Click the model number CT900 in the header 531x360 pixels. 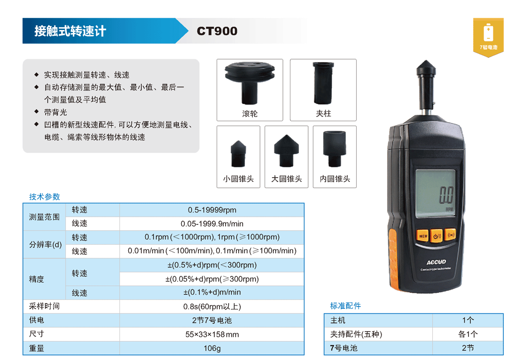(217, 31)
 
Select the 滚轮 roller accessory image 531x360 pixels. (250, 83)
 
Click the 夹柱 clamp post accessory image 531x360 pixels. (323, 83)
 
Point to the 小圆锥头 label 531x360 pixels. (238, 179)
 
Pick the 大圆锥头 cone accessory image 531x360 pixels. (287, 151)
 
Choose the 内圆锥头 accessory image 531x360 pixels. (335, 149)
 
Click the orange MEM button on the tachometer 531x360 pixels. (423, 236)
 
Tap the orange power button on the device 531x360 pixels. (437, 235)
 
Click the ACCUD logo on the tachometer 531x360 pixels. (436, 262)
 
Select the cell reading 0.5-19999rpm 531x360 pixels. (212, 210)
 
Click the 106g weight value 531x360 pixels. (212, 348)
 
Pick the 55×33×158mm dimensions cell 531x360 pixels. (212, 334)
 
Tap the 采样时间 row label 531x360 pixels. (44, 306)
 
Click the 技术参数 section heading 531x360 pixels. (44, 197)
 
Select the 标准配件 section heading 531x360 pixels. (345, 306)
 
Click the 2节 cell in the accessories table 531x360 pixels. (468, 348)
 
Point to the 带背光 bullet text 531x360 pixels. (55, 112)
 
